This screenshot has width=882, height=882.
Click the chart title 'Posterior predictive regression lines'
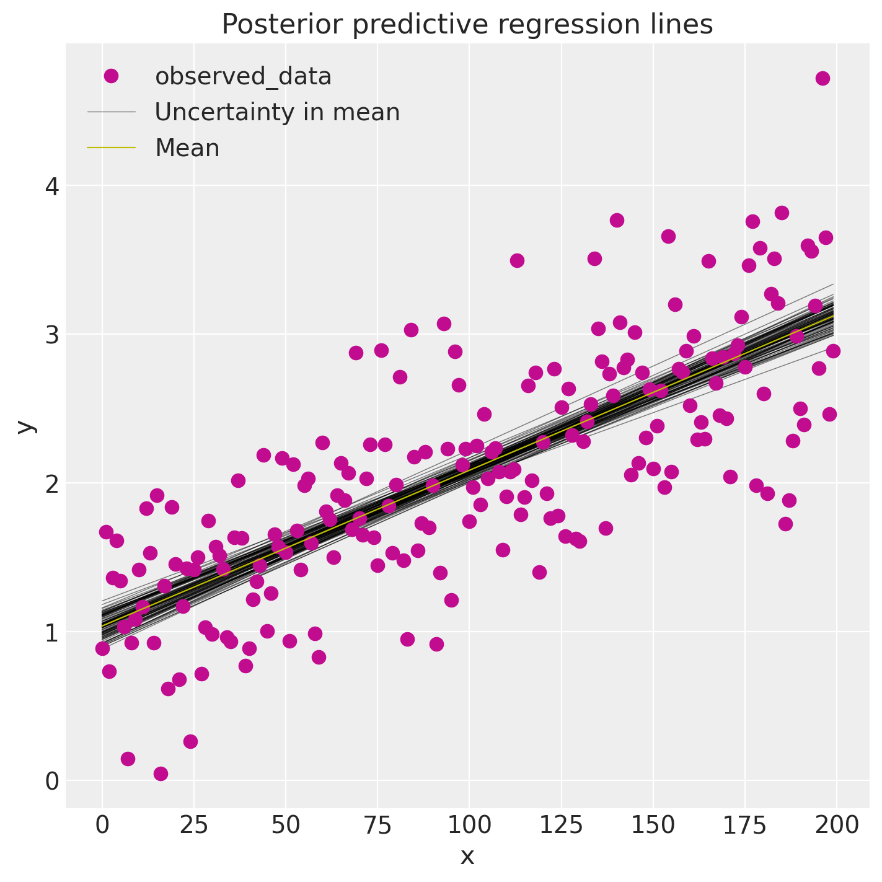pyautogui.click(x=467, y=25)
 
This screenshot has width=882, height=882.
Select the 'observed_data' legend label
pyautogui.click(x=243, y=76)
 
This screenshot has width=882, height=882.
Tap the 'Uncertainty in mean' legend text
pyautogui.click(x=277, y=112)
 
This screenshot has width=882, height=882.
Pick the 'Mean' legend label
pyautogui.click(x=187, y=148)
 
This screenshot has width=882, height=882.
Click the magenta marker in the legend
pyautogui.click(x=111, y=76)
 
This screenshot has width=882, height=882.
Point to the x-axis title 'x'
pyautogui.click(x=467, y=857)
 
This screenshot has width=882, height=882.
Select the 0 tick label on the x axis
pyautogui.click(x=102, y=826)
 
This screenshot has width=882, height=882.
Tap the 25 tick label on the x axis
pyautogui.click(x=193, y=826)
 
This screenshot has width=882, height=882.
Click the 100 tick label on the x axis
pyautogui.click(x=469, y=826)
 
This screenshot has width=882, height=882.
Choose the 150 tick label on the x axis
pyautogui.click(x=653, y=826)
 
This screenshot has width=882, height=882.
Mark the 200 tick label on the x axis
pyautogui.click(x=836, y=826)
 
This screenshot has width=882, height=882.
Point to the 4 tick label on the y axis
pyautogui.click(x=52, y=186)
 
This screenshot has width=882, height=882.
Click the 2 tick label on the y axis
pyautogui.click(x=52, y=483)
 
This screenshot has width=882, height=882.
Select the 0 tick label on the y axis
pyautogui.click(x=52, y=781)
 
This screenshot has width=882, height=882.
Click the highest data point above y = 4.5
pyautogui.click(x=822, y=78)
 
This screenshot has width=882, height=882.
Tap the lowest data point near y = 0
pyautogui.click(x=161, y=774)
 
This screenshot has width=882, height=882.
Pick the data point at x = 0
pyautogui.click(x=102, y=648)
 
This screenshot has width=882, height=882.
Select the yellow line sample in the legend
pyautogui.click(x=111, y=148)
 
